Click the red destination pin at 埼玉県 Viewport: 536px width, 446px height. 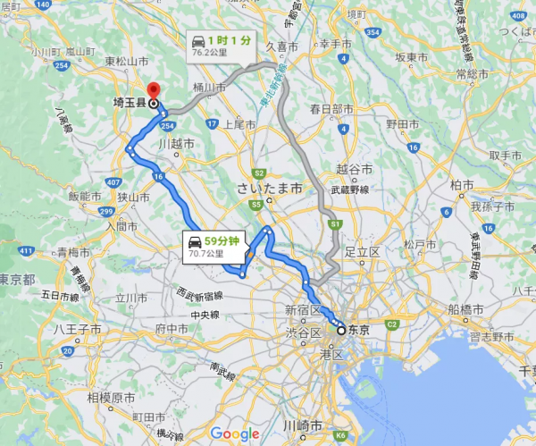pos(153,91)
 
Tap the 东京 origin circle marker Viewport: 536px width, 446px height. pos(340,330)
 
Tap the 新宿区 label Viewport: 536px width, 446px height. pos(302,310)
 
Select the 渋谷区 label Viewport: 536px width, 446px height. pos(303,332)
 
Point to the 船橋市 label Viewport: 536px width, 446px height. pos(466,310)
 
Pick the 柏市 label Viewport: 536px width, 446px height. pos(464,184)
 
